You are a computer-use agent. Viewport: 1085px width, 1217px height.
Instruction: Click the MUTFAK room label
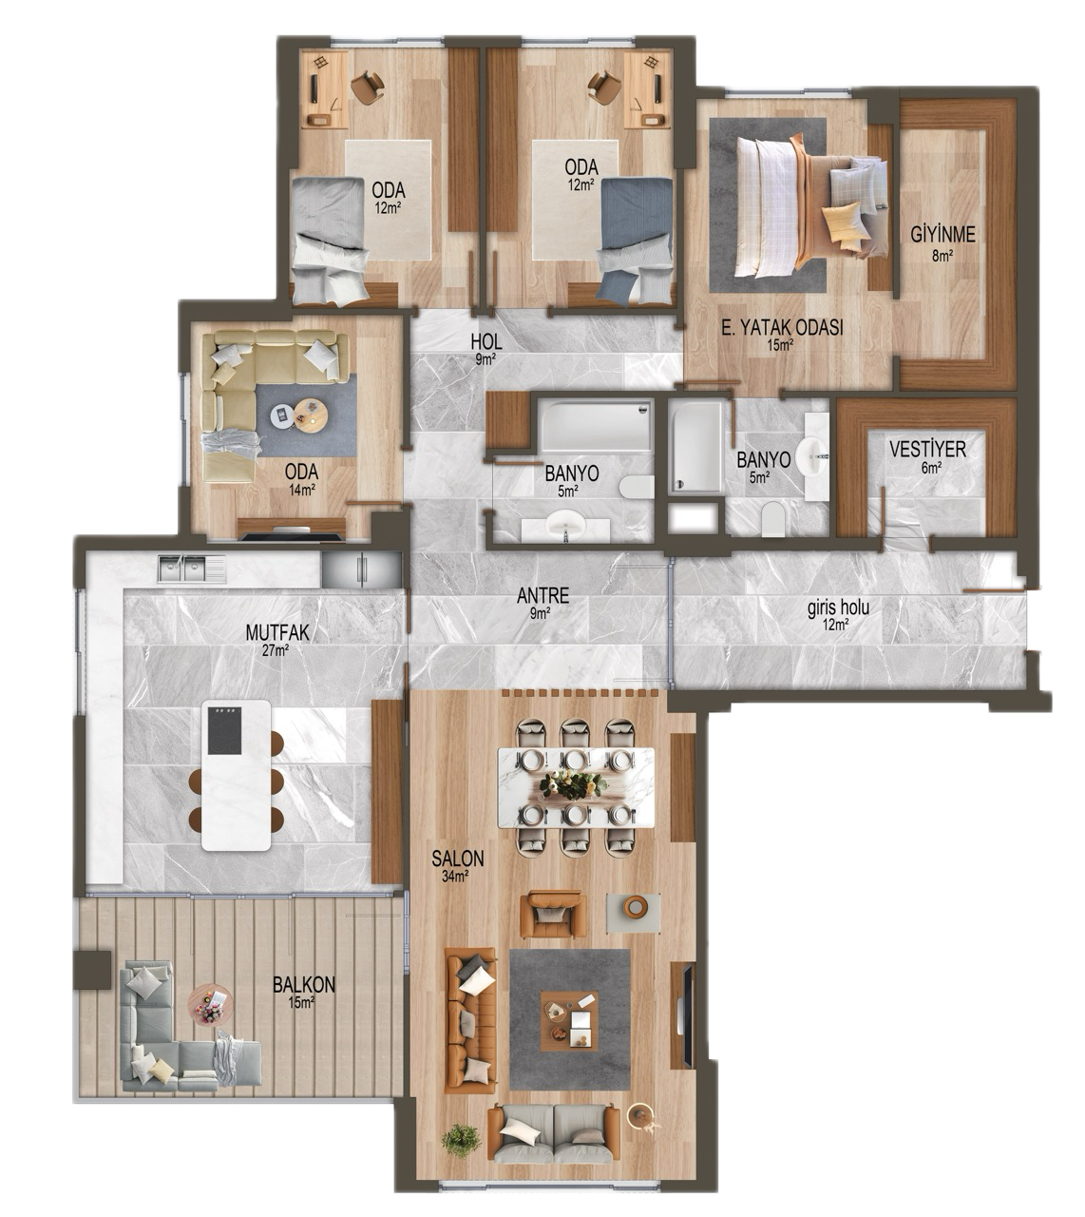pyautogui.click(x=277, y=632)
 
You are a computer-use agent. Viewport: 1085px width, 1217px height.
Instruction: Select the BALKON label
pyautogui.click(x=304, y=984)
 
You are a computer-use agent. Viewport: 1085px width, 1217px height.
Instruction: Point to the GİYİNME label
pyautogui.click(x=942, y=234)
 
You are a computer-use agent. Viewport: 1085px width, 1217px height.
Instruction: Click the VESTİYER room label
pyautogui.click(x=927, y=450)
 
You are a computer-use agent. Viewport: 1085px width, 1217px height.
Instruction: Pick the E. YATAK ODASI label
pyautogui.click(x=782, y=327)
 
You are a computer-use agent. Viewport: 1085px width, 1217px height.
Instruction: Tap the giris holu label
pyautogui.click(x=838, y=608)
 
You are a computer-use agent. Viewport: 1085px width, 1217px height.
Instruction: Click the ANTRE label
pyautogui.click(x=542, y=596)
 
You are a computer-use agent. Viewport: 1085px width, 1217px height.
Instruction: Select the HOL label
pyautogui.click(x=486, y=341)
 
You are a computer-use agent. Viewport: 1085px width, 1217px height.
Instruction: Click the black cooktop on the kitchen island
pyautogui.click(x=224, y=730)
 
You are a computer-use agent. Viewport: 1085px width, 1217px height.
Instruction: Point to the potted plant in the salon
pyautogui.click(x=461, y=1139)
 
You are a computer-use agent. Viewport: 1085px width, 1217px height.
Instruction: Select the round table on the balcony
pyautogui.click(x=210, y=1003)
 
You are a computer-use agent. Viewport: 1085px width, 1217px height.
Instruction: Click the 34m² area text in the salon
pyautogui.click(x=455, y=877)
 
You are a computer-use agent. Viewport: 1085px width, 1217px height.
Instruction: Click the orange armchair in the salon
pyautogui.click(x=553, y=915)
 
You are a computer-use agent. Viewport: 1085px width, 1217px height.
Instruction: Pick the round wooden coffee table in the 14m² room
pyautogui.click(x=311, y=415)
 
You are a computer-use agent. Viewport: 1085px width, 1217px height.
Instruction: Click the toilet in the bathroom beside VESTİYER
pyautogui.click(x=772, y=518)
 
